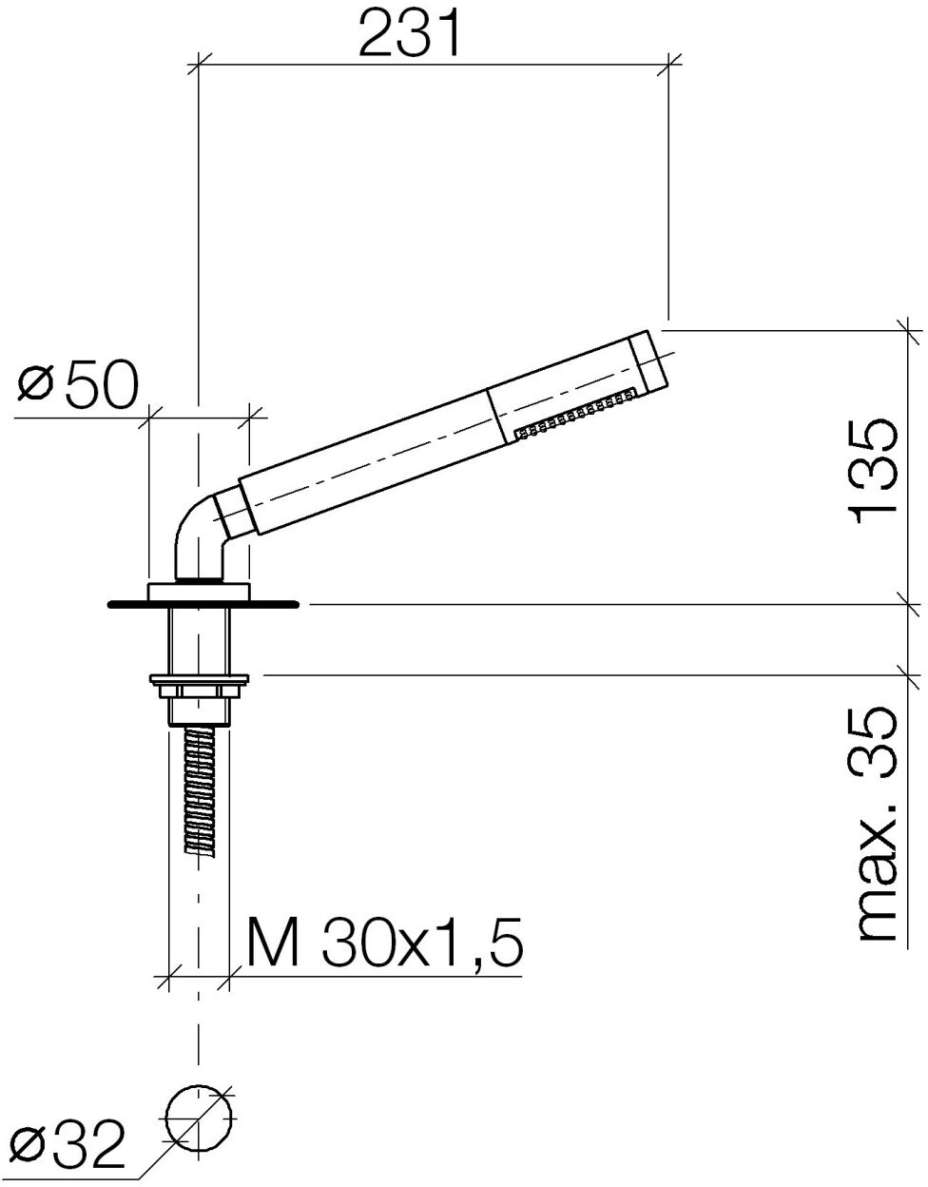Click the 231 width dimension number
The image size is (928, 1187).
(x=410, y=34)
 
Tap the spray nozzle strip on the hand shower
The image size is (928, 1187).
(x=576, y=414)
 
